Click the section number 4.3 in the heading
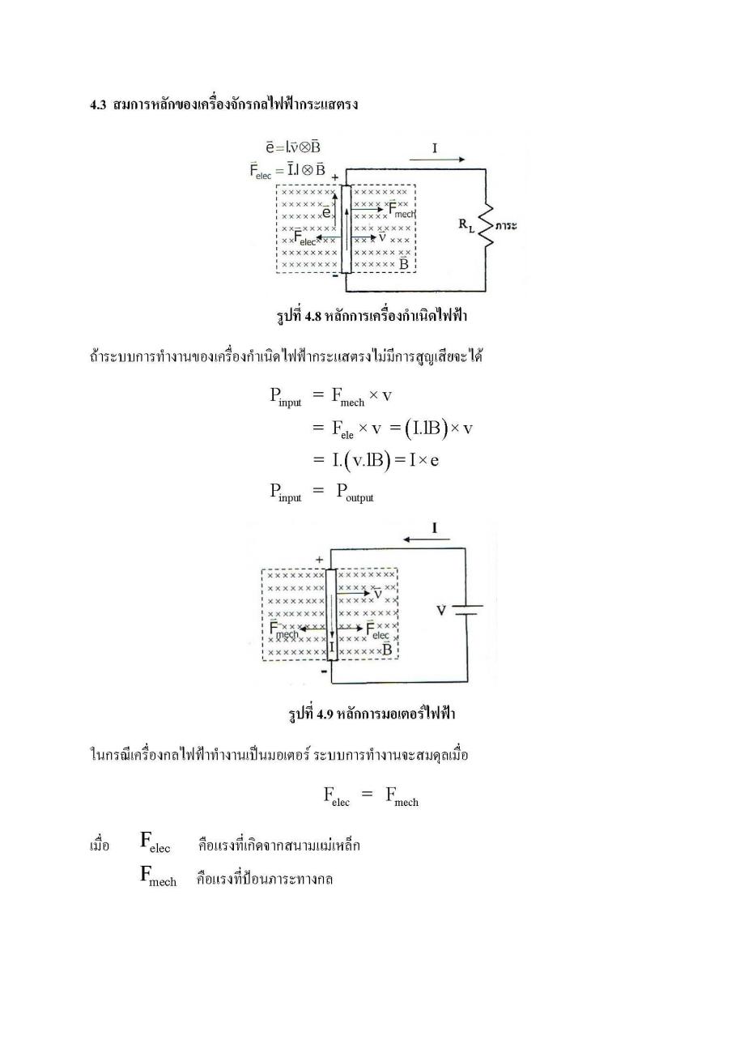click(98, 104)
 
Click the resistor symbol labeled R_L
click(487, 225)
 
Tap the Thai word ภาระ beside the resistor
click(506, 226)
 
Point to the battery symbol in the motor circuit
click(467, 610)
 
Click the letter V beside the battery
click(441, 610)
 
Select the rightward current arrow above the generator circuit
click(437, 160)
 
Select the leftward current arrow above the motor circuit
click(427, 539)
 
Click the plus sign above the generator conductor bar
click(335, 177)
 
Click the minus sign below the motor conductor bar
click(324, 671)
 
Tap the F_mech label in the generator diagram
click(402, 209)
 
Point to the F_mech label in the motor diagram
click(283, 630)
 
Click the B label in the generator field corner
click(403, 262)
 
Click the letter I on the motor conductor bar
click(332, 647)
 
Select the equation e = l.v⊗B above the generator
click(293, 147)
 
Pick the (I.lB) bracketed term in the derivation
click(425, 428)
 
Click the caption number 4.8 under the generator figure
click(312, 317)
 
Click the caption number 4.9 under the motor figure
click(325, 714)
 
